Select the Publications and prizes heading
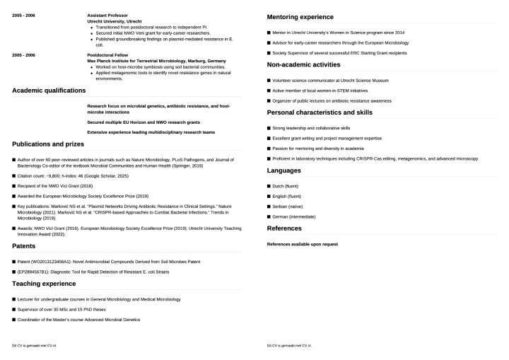tap(47, 144)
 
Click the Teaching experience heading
tap(44, 283)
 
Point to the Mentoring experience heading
tap(300, 17)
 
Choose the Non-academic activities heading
tap(303, 65)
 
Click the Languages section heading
tap(283, 170)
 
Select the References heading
tap(285, 228)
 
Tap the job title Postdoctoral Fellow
tap(107, 54)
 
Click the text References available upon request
tap(302, 244)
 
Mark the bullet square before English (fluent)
tap(269, 196)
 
